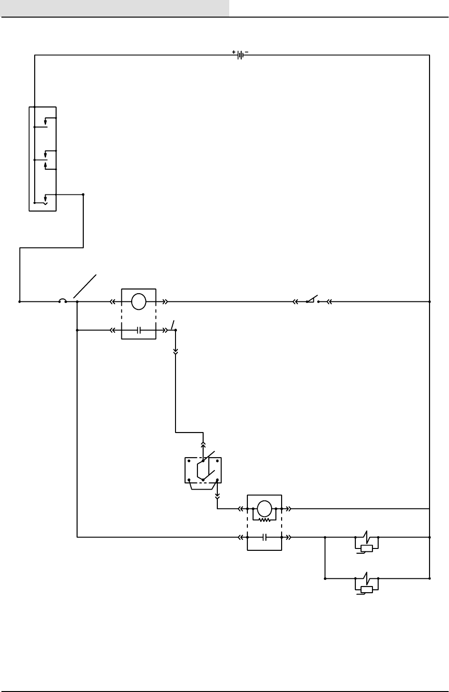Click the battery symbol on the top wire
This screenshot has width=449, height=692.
[241, 55]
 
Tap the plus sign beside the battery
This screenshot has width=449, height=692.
[234, 52]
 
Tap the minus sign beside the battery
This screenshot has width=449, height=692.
[247, 52]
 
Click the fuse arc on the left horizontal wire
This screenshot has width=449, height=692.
[62, 300]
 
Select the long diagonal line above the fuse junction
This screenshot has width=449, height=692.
[86, 286]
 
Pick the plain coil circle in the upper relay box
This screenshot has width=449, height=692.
[138, 301]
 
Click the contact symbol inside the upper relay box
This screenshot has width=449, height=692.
[138, 329]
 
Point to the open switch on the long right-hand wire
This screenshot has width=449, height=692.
[312, 300]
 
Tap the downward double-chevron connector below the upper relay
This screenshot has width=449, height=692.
[176, 352]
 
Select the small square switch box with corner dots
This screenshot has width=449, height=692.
[203, 470]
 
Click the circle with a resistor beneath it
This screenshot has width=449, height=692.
[264, 509]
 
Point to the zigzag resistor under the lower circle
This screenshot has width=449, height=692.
[264, 520]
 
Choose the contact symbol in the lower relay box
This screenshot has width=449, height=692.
[264, 538]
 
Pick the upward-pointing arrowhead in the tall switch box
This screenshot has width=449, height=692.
[45, 165]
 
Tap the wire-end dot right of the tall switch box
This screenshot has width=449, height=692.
[83, 194]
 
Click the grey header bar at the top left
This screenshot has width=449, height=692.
[115, 8]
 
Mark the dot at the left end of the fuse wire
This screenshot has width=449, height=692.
[20, 301]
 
